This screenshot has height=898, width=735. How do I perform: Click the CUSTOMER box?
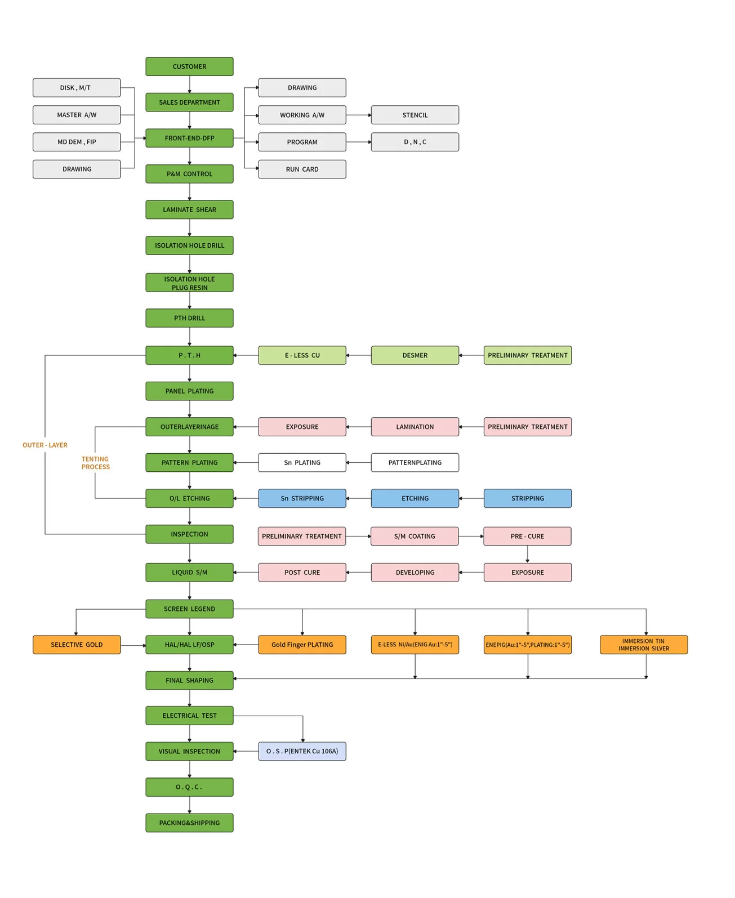pyautogui.click(x=189, y=66)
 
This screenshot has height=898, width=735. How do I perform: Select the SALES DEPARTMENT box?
pyautogui.click(x=189, y=102)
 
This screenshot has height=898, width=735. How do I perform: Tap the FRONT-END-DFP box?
pyautogui.click(x=189, y=138)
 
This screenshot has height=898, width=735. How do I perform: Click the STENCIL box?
pyautogui.click(x=415, y=115)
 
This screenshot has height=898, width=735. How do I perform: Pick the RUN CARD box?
pyautogui.click(x=302, y=169)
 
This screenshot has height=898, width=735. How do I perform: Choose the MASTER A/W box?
pyautogui.click(x=77, y=115)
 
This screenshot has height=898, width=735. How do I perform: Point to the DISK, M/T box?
pyautogui.click(x=77, y=88)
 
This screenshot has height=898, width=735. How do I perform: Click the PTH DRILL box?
pyautogui.click(x=189, y=318)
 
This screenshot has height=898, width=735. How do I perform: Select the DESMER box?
pyautogui.click(x=415, y=355)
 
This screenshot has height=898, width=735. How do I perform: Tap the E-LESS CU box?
pyautogui.click(x=302, y=355)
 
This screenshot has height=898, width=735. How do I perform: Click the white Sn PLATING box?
pyautogui.click(x=302, y=463)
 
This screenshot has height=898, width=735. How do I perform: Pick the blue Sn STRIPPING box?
pyautogui.click(x=302, y=498)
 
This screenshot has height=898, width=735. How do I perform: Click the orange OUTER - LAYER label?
pyautogui.click(x=45, y=445)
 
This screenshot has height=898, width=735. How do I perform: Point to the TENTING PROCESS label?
pyautogui.click(x=95, y=463)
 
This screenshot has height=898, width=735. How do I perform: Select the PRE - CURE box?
pyautogui.click(x=527, y=537)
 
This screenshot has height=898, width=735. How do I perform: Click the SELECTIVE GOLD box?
pyautogui.click(x=77, y=645)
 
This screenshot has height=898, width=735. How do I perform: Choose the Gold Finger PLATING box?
pyautogui.click(x=302, y=645)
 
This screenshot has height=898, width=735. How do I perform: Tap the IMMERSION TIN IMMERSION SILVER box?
pyautogui.click(x=644, y=645)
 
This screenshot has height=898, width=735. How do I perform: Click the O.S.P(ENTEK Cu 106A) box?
pyautogui.click(x=302, y=751)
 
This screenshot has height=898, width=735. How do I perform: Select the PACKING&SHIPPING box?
pyautogui.click(x=189, y=823)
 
